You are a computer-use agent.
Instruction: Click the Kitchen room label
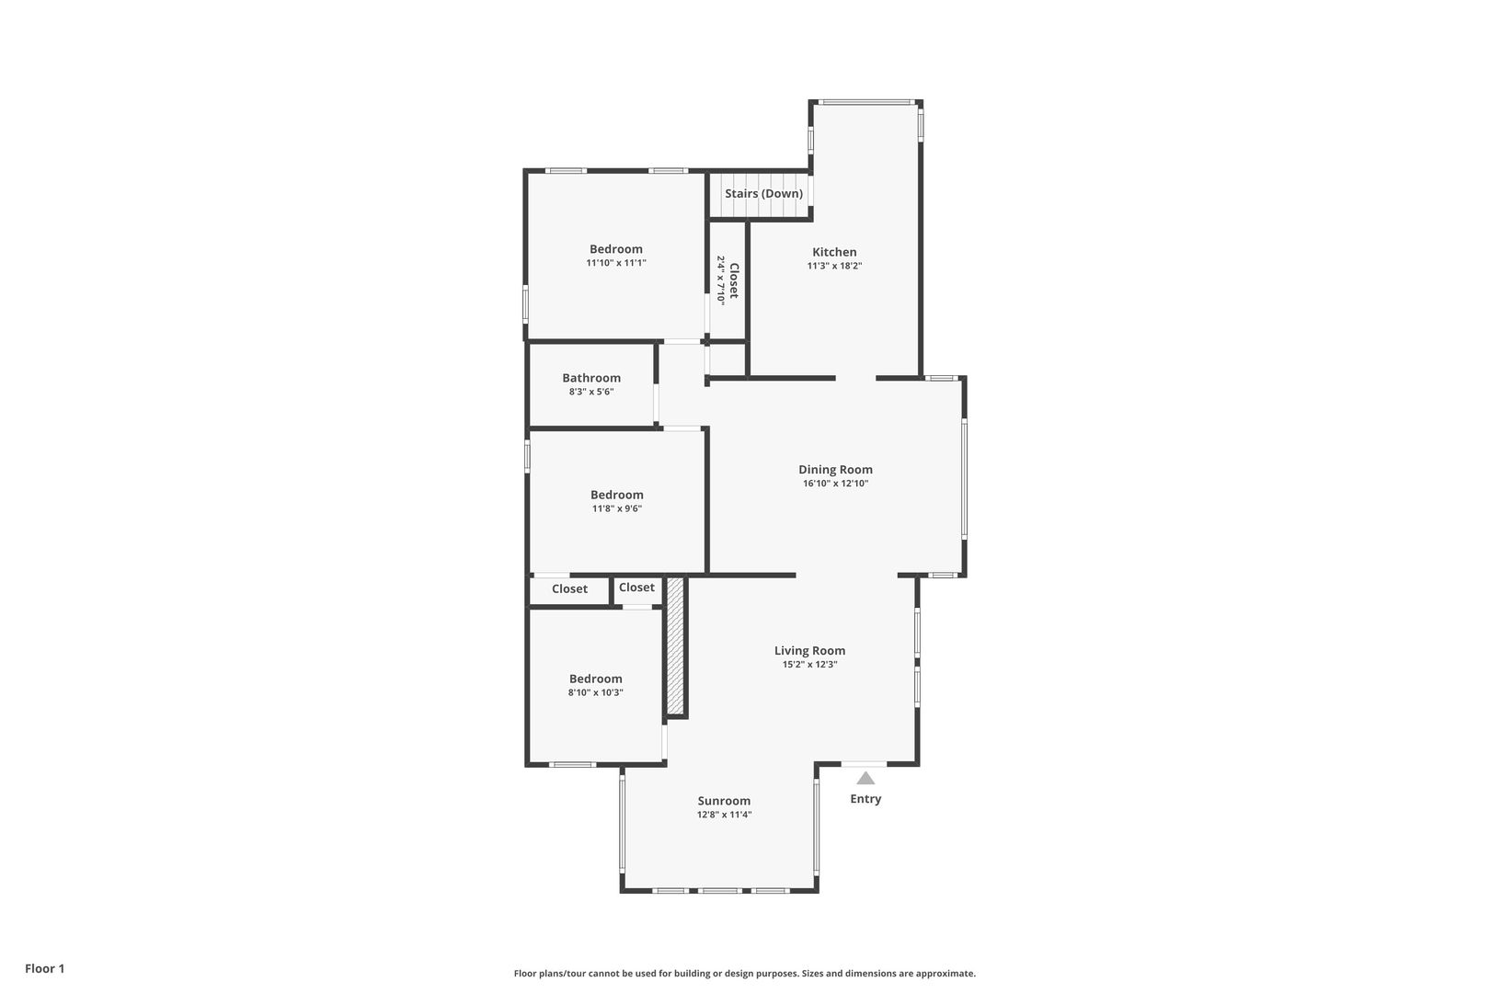point(833,252)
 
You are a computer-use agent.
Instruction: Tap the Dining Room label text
point(835,470)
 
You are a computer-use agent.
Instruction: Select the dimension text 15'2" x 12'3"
point(809,664)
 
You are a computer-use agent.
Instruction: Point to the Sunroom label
point(724,801)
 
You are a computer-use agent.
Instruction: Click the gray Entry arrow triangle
point(865,778)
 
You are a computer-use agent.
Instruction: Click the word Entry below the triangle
point(865,799)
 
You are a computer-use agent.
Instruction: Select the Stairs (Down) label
point(763,194)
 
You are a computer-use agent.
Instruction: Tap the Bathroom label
point(591,378)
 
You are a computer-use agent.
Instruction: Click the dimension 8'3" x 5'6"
point(591,392)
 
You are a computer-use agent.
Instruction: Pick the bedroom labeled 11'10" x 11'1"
point(616,249)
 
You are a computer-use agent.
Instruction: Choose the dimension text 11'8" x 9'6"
point(617,508)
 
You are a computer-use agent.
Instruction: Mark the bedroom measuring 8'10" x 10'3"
point(595,679)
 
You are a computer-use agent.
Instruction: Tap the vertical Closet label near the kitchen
point(733,280)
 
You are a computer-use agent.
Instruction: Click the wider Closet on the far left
point(569,589)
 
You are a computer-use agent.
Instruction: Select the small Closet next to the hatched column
point(636,588)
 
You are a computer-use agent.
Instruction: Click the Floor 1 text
point(45,968)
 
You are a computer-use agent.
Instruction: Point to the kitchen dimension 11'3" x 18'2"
point(833,266)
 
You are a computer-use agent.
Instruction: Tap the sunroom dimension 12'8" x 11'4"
point(724,815)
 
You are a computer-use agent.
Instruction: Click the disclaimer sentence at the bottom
point(744,973)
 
